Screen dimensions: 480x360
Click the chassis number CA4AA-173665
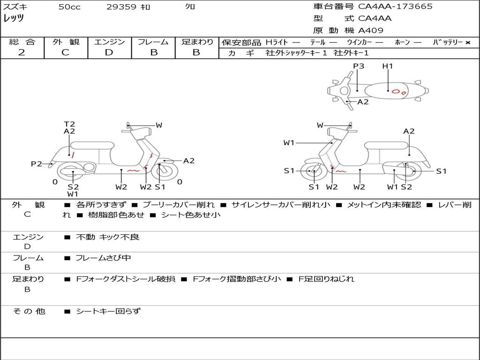395,7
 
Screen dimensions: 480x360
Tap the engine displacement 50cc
69,7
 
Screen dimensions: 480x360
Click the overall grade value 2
22,52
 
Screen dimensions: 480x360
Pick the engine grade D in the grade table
109,52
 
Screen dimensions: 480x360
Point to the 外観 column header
66,42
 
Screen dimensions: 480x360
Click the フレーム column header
153,42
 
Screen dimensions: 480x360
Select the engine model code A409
371,30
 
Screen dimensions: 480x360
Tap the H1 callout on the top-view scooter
388,66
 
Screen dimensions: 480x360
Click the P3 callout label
359,66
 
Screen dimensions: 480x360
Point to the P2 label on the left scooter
37,164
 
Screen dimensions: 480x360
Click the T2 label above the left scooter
69,124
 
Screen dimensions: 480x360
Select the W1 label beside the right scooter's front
289,142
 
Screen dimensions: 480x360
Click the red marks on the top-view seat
398,91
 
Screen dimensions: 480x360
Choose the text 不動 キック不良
107,237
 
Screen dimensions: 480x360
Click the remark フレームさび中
103,258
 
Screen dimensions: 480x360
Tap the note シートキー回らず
108,311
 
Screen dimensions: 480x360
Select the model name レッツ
14,19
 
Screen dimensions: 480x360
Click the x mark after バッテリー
468,43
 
